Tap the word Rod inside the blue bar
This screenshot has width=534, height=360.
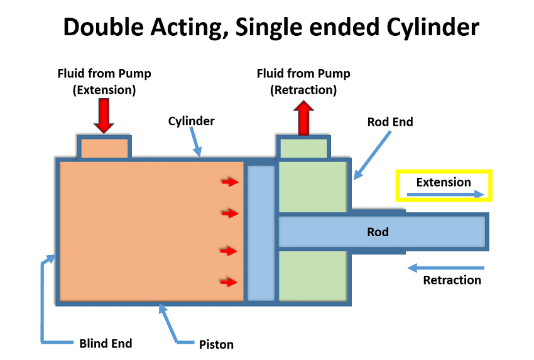point(378,232)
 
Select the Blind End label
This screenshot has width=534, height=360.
point(106,343)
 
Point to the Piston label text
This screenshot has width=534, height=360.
point(216,344)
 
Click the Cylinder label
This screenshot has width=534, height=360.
point(191,121)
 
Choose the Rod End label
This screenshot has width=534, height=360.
point(390,122)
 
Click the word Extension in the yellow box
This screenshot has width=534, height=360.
point(443,182)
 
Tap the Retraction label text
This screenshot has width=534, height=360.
point(452,280)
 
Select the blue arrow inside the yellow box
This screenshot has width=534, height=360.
point(446,195)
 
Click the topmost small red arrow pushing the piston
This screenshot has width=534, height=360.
point(230,182)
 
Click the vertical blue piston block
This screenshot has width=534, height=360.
point(261,232)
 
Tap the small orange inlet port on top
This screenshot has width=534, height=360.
point(104,147)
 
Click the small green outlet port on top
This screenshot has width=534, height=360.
point(303,148)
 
